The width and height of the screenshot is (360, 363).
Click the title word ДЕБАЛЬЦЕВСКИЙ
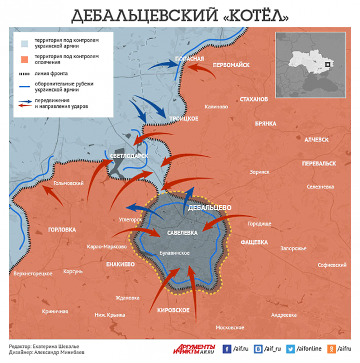pos(142,16)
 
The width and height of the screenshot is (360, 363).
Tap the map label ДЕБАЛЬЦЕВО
pos(210,208)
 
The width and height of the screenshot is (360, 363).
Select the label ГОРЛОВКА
pos(61,230)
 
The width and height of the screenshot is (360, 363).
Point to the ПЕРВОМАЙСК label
pos(231,65)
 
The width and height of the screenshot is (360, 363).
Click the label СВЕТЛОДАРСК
pos(129,156)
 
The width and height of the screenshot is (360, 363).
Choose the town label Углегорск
pos(131,219)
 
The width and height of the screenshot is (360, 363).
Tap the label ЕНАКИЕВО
pos(120,264)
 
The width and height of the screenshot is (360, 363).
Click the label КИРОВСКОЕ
pos(173,310)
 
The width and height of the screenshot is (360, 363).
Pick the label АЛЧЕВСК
pos(316,140)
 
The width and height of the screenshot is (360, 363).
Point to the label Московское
pos(230,327)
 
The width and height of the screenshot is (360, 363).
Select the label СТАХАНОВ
pos(254,99)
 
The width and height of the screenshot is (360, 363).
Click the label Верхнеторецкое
pos(33,274)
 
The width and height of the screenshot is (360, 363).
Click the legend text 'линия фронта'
pos(51,74)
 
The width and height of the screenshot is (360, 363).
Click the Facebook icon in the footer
pos(227,349)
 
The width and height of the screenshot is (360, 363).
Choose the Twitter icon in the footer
pos(291,349)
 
